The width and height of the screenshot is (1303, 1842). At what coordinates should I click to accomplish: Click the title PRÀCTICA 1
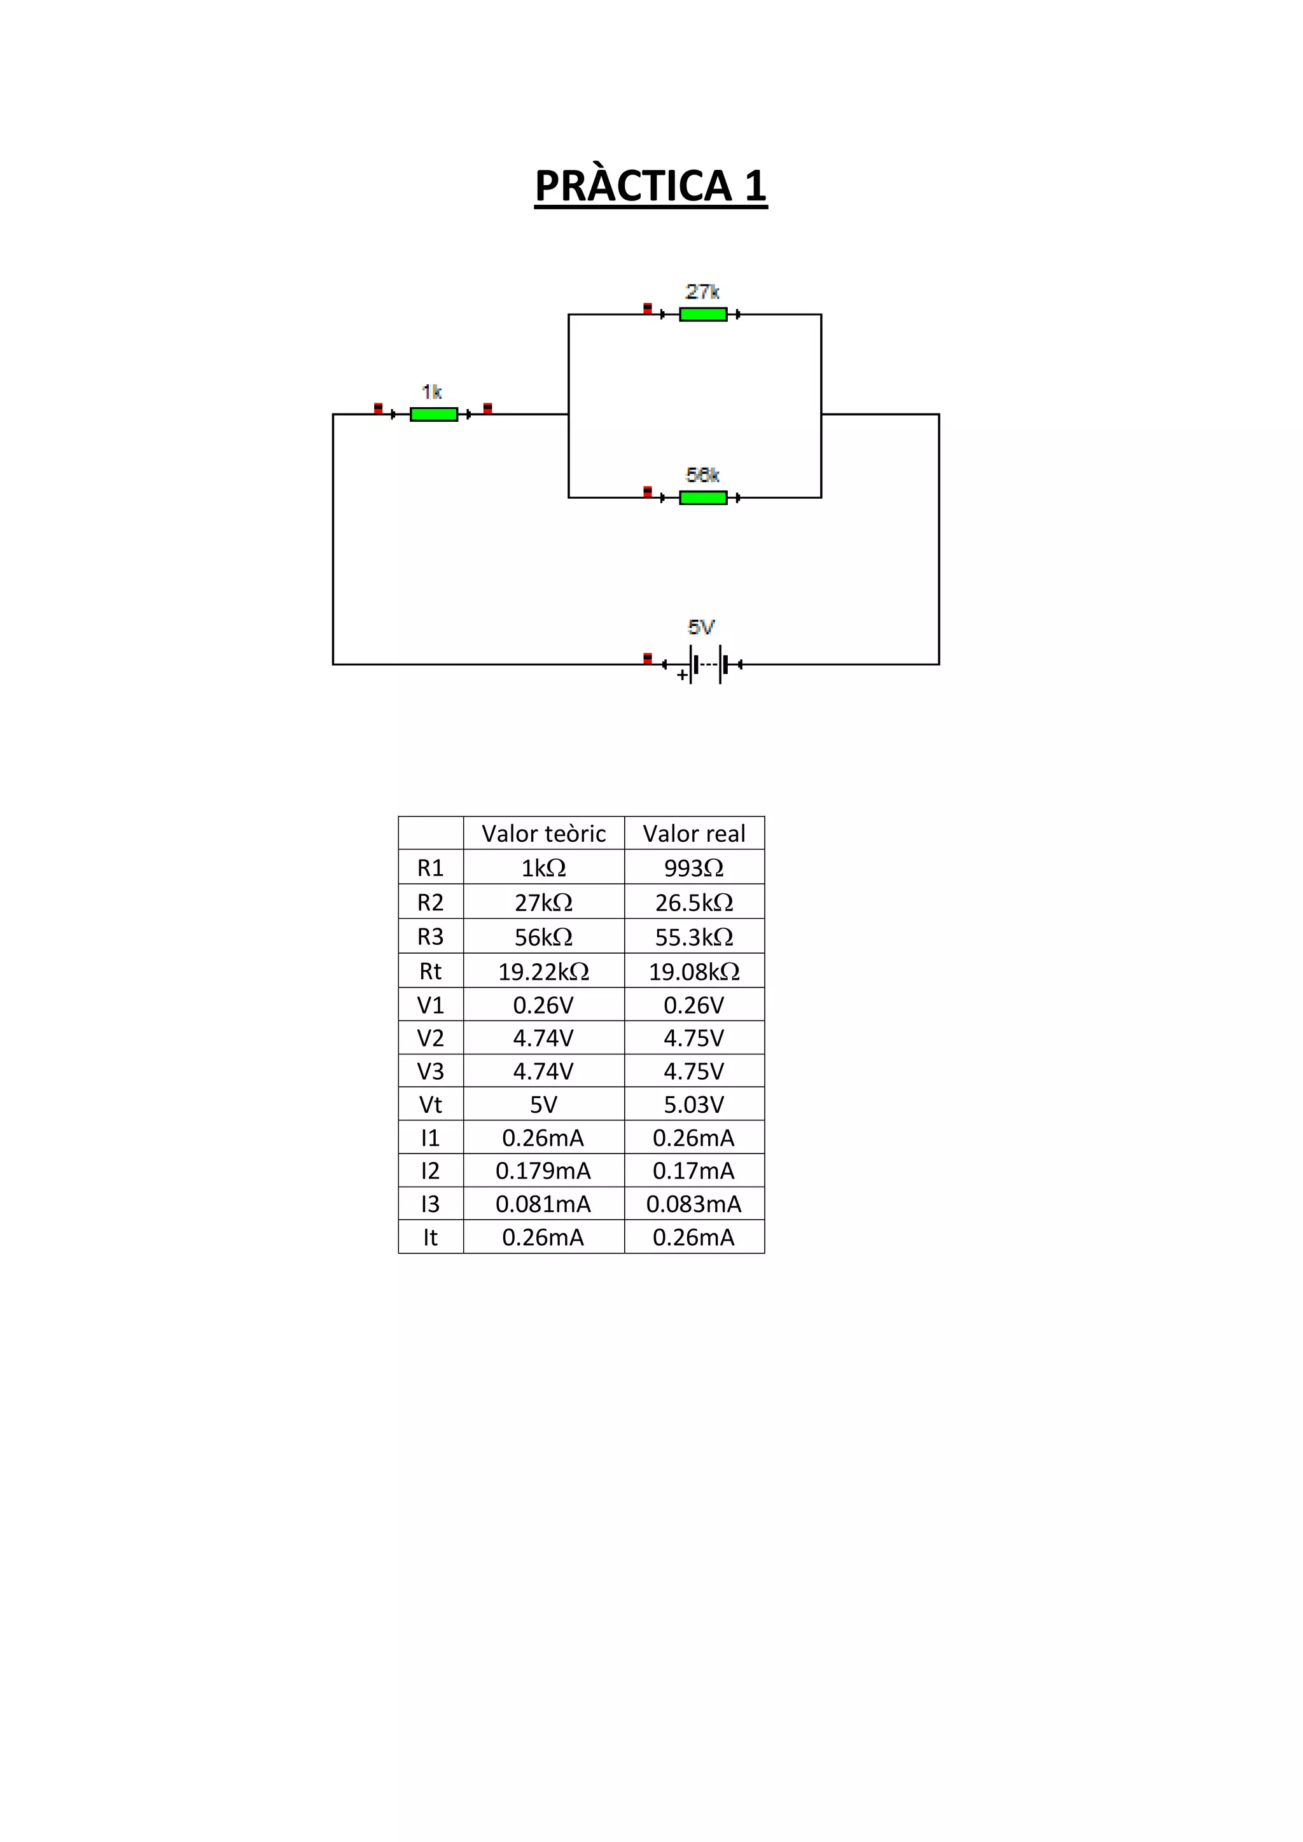[651, 186]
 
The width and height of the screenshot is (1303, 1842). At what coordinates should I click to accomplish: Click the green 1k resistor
[433, 414]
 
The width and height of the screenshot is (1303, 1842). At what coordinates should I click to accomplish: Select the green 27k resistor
[703, 314]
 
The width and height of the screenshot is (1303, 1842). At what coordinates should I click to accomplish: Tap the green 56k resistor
[703, 498]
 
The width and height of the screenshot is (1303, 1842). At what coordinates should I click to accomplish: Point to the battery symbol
[706, 664]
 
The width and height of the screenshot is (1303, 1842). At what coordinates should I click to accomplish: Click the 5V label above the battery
[701, 627]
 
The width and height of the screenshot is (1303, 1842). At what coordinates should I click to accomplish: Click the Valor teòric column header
[543, 834]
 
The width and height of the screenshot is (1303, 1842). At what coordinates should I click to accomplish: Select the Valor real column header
[694, 834]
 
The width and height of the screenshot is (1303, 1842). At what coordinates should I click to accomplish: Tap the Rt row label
[430, 972]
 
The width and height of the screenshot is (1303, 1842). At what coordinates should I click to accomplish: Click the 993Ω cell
[694, 868]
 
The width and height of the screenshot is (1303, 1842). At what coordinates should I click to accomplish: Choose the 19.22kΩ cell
[543, 972]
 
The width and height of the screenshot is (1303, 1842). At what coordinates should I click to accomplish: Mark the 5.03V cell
[694, 1105]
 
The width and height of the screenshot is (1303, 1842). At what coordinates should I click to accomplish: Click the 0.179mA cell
[543, 1171]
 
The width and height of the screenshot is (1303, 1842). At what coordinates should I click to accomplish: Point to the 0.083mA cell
[694, 1204]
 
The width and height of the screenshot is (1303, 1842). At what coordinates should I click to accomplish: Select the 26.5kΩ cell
[694, 902]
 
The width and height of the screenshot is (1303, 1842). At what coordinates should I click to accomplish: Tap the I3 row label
[430, 1204]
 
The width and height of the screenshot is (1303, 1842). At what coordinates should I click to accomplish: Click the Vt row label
[430, 1105]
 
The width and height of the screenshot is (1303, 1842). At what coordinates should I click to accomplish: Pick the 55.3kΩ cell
[694, 937]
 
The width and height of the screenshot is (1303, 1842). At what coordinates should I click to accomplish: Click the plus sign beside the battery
[682, 676]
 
